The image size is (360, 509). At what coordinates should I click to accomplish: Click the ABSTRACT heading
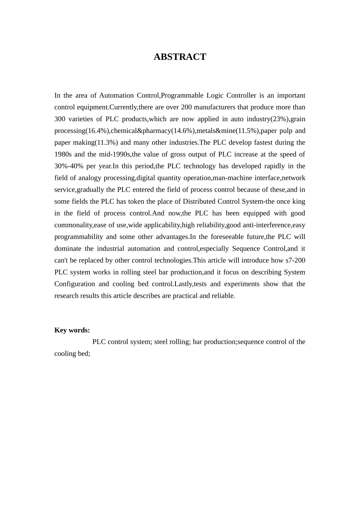(x=180, y=57)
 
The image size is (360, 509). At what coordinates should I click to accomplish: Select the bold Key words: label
(x=72, y=330)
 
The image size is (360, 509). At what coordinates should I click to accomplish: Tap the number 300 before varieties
(x=60, y=119)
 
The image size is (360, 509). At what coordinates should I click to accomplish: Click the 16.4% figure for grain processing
(x=97, y=131)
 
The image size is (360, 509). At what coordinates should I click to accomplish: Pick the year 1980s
(x=63, y=154)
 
